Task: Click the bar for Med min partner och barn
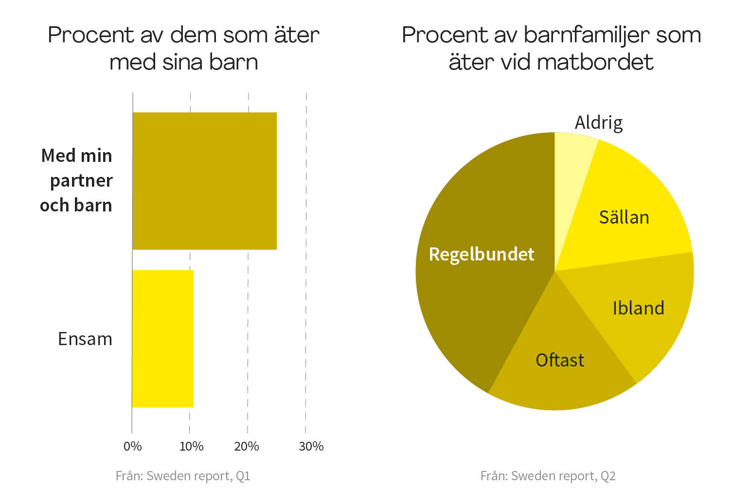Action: (204, 181)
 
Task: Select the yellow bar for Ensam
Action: (162, 339)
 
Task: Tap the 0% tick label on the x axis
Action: (132, 446)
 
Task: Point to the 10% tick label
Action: (191, 446)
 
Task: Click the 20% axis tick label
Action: (247, 446)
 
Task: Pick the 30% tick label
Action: (311, 446)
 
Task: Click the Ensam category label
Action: (85, 339)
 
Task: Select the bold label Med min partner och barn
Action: (77, 180)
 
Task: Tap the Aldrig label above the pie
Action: (598, 122)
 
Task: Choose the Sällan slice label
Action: (624, 217)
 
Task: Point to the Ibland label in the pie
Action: (638, 308)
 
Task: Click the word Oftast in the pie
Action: (560, 360)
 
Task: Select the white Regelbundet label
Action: (482, 254)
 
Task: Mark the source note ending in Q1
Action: (183, 475)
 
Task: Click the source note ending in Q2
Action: (548, 475)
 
